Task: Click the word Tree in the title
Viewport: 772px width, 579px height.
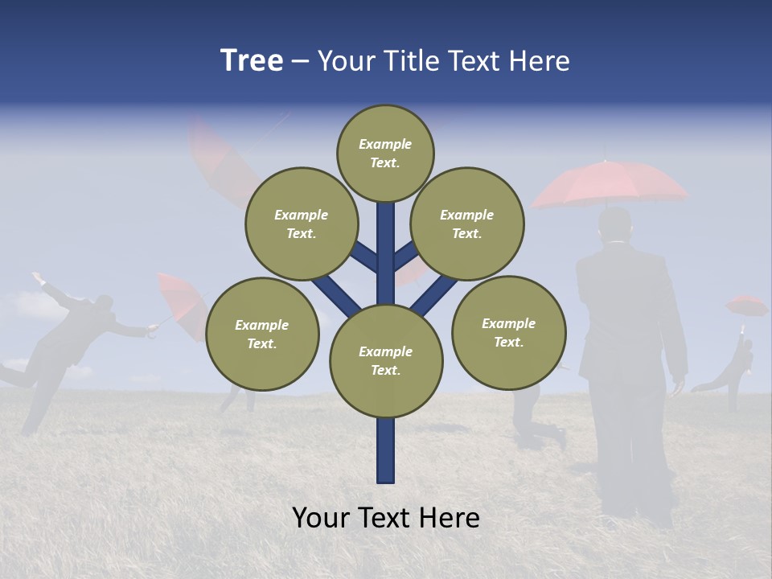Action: (x=251, y=61)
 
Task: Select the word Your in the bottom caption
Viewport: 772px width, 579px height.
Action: (x=321, y=518)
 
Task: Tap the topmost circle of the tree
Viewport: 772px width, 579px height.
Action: (x=385, y=153)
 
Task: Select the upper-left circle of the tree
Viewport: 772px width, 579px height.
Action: (x=301, y=224)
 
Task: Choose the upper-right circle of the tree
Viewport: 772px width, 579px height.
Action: (x=466, y=224)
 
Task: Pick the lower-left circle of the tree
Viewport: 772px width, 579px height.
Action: (x=262, y=334)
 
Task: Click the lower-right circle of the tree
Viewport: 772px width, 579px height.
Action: (x=508, y=332)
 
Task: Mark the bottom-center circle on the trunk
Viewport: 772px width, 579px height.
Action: (x=386, y=360)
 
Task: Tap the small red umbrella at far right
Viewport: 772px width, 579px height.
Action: (x=746, y=306)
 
